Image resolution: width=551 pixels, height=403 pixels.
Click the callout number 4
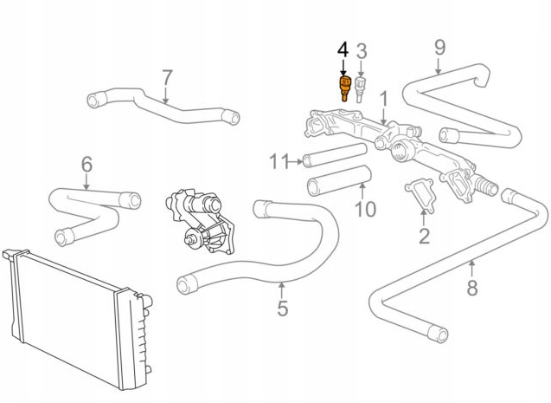[343, 49]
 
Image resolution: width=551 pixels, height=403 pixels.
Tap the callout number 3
[362, 50]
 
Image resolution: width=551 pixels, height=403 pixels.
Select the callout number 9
[439, 46]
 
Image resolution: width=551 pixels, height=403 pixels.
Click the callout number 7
[167, 78]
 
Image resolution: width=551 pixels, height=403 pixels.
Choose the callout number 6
[86, 164]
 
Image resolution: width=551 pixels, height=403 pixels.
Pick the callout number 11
[278, 160]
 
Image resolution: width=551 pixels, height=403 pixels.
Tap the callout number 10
[366, 209]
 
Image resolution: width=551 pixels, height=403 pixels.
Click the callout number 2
[424, 235]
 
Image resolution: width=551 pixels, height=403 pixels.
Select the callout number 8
[471, 289]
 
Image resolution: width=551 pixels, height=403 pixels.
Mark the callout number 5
[283, 308]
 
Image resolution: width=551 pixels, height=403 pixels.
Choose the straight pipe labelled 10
[338, 181]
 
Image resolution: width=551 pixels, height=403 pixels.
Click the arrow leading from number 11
[295, 160]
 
